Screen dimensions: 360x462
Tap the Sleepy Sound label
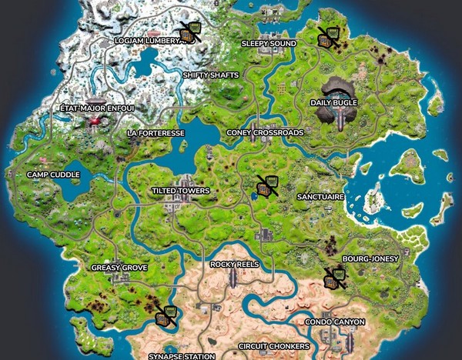(269, 44)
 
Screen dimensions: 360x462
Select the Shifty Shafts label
(210, 75)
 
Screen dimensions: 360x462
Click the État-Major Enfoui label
(97, 108)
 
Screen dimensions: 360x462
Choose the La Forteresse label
(156, 133)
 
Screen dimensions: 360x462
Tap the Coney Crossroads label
(265, 132)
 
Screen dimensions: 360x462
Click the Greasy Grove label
(118, 268)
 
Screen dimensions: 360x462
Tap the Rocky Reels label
(235, 265)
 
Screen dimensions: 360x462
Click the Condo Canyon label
(334, 322)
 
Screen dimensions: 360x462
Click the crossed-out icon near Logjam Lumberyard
(187, 33)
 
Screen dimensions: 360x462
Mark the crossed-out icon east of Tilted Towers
(266, 185)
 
